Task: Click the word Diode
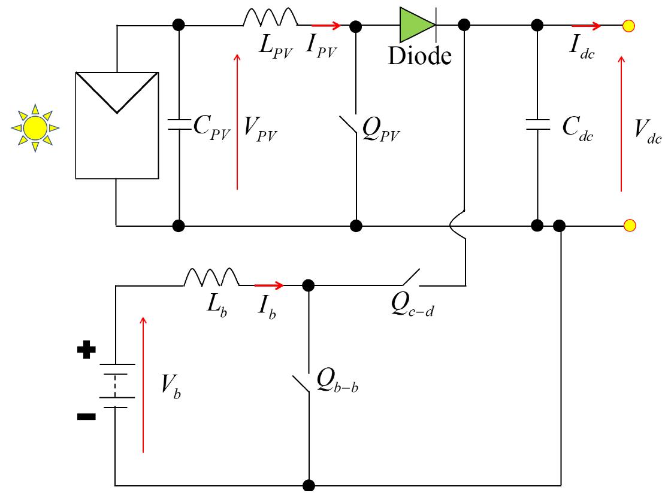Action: [419, 56]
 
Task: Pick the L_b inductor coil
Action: [211, 277]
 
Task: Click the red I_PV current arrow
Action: [326, 26]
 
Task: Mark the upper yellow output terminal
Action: [628, 26]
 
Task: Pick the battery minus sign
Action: [86, 417]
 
